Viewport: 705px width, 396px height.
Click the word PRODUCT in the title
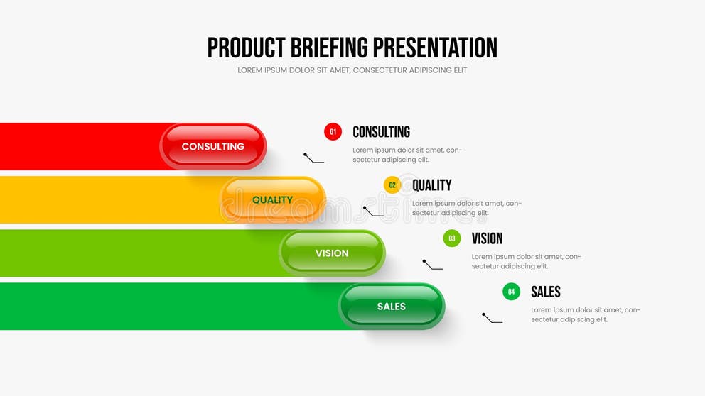point(246,48)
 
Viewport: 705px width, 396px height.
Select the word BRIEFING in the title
point(328,48)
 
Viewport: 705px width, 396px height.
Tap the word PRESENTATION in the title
point(435,48)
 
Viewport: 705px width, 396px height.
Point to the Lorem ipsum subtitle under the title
point(352,70)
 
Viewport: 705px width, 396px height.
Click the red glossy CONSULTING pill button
point(213,146)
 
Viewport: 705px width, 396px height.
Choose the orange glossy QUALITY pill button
point(272,200)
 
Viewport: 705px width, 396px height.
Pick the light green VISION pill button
point(332,253)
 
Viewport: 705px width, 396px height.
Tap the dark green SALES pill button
point(391,307)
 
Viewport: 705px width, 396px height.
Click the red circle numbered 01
point(333,131)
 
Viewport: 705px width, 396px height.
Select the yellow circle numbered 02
point(392,185)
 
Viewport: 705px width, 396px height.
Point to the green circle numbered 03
point(452,238)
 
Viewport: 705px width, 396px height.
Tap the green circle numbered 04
point(511,292)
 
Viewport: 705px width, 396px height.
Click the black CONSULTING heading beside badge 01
point(381,132)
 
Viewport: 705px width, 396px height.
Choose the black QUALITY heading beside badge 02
point(431,185)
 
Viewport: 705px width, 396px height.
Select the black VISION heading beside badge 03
point(487,239)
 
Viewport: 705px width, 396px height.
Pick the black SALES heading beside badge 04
point(545,292)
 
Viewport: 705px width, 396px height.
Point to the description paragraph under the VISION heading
point(526,261)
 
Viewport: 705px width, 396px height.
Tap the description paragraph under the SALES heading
point(586,314)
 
